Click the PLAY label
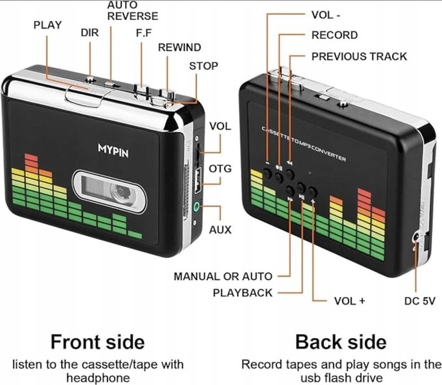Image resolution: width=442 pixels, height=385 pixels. click(47, 25)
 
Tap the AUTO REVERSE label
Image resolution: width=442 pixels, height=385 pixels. click(132, 11)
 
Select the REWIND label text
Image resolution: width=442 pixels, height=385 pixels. click(179, 47)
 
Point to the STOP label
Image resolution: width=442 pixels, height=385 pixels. click(203, 66)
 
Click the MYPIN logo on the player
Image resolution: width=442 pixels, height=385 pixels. click(113, 150)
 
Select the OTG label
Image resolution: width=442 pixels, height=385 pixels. click(220, 168)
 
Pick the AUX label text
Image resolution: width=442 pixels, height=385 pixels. click(220, 230)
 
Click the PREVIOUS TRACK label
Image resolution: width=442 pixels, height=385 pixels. click(359, 56)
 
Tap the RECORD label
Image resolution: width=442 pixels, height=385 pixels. click(335, 35)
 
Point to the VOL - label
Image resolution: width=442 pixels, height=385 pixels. click(330, 15)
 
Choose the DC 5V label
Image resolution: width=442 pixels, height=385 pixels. click(420, 301)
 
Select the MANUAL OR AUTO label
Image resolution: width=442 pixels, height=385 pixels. click(223, 276)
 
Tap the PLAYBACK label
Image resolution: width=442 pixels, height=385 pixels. click(242, 292)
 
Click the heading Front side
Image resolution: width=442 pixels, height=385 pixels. click(98, 341)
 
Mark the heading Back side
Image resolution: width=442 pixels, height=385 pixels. click(341, 341)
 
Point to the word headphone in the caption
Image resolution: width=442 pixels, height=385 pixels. click(98, 377)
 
